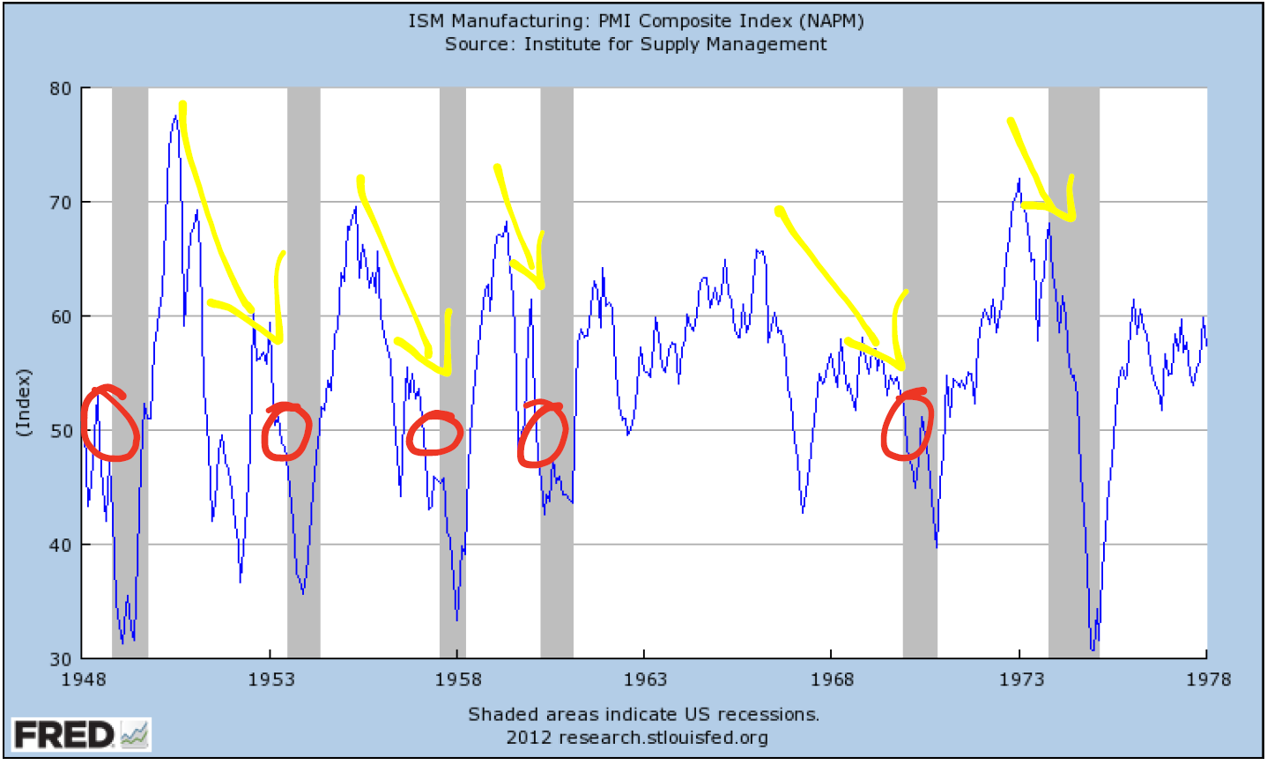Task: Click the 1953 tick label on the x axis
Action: click(x=270, y=680)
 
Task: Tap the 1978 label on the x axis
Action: click(x=1207, y=680)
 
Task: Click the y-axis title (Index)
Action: click(x=23, y=402)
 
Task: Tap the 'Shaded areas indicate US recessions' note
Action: click(x=643, y=714)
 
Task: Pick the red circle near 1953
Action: click(x=286, y=432)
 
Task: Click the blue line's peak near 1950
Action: click(x=175, y=116)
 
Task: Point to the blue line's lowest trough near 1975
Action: click(x=1093, y=650)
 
